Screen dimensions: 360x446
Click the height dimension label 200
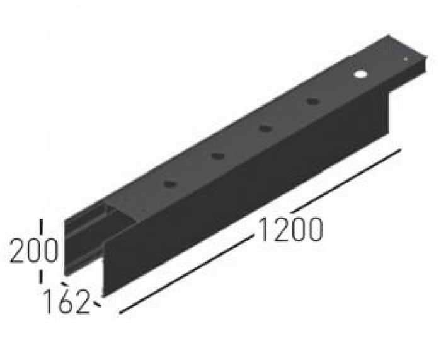pos(33,250)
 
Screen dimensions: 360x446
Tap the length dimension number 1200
pos(289,231)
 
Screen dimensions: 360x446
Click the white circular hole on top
pos(360,74)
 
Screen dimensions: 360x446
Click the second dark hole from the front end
pos(217,156)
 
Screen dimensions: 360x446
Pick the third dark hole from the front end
pos(265,128)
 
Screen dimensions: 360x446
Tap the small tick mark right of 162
pos(97,305)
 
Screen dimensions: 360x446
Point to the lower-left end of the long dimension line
pos(120,311)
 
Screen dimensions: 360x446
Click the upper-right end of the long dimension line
pos(400,150)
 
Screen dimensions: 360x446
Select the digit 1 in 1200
pos(263,231)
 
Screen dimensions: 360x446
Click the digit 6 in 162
pos(69,301)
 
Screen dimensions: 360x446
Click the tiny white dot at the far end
pos(406,59)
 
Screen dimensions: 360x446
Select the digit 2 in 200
pos(17,250)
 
